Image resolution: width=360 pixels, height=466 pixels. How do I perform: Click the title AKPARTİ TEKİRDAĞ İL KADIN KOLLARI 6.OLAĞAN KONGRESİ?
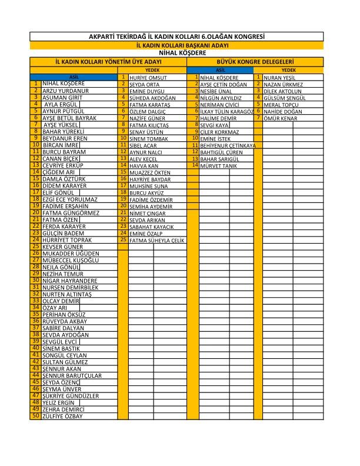[176, 36]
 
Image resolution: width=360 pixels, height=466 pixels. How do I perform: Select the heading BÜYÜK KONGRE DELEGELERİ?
[255, 61]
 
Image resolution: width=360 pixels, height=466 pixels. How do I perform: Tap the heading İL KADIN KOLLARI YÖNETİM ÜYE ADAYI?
[108, 61]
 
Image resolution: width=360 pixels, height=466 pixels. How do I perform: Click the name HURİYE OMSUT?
[144, 78]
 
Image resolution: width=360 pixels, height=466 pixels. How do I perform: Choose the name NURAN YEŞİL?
[279, 78]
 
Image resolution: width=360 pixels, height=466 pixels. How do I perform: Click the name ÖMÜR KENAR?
[280, 118]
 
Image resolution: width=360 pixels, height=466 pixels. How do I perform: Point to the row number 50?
[36, 415]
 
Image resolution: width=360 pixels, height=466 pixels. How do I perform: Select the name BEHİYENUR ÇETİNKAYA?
[228, 145]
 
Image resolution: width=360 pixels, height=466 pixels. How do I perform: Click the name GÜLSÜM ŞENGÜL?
[283, 98]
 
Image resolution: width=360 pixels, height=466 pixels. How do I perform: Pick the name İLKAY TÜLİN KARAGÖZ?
[226, 111]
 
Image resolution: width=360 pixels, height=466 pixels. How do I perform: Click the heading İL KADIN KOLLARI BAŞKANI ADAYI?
[176, 45]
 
